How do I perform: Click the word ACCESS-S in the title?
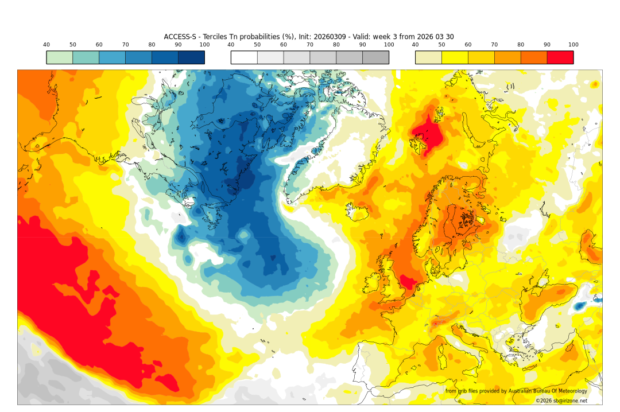coord(180,37)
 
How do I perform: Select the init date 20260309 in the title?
coord(313,37)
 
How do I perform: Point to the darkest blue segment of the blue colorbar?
coord(191,57)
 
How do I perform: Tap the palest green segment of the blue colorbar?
coord(59,57)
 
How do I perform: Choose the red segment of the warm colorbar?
coord(560,57)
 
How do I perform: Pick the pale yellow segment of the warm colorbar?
coord(428,57)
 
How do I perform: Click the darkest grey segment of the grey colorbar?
coord(375,57)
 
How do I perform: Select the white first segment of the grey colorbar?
coord(244,57)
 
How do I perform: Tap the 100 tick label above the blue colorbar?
coord(204,45)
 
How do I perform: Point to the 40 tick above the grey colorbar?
coord(231,45)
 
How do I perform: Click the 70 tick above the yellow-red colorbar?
coord(494,45)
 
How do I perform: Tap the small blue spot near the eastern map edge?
coord(580,306)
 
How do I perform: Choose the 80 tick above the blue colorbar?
coord(152,45)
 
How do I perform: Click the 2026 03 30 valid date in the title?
coord(435,37)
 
